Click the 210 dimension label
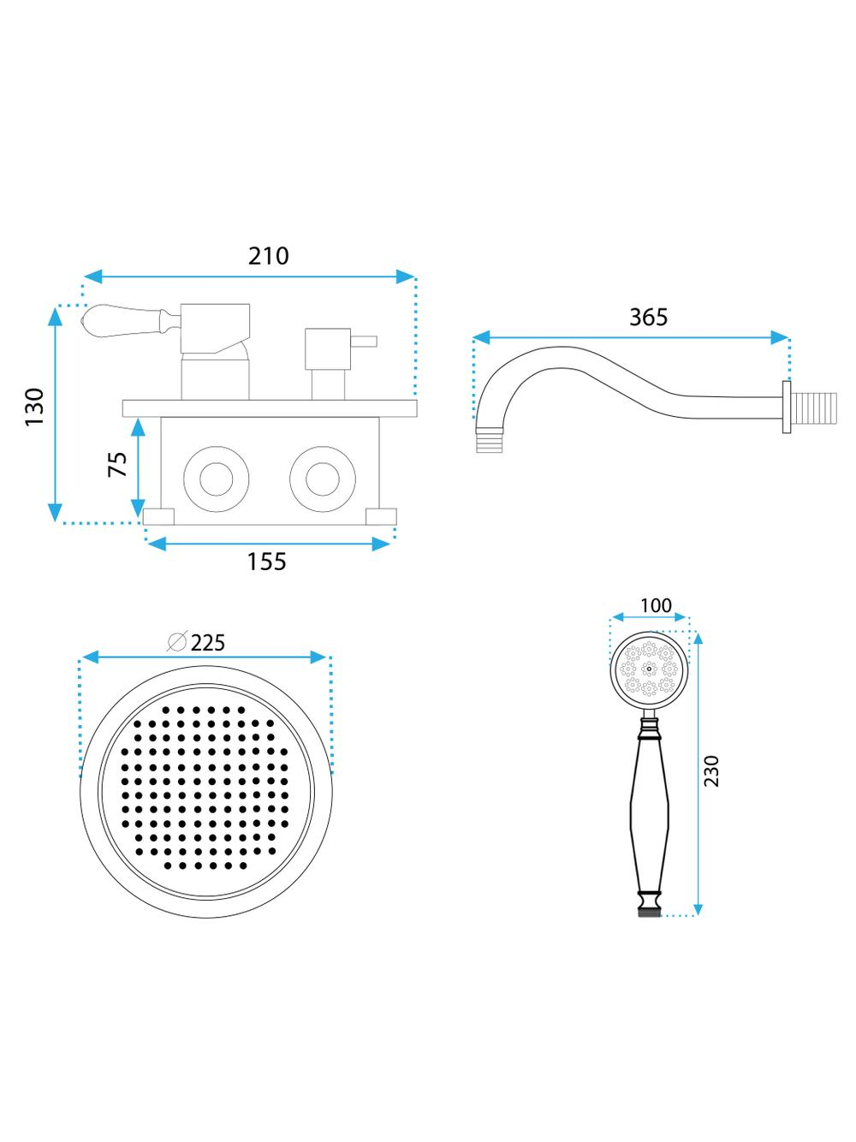click(x=268, y=256)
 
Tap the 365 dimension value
click(x=648, y=317)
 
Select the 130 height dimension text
click(x=35, y=407)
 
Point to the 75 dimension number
click(x=117, y=464)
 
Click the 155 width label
click(x=266, y=562)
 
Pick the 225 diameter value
click(x=207, y=643)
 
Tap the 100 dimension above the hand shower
click(x=656, y=605)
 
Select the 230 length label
click(x=710, y=771)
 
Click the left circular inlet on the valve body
click(x=217, y=479)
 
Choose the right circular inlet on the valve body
click(x=323, y=479)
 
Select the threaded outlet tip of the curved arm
click(x=490, y=440)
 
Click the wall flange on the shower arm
click(x=787, y=407)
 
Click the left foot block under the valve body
click(x=158, y=516)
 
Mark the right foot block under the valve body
click(x=381, y=516)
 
